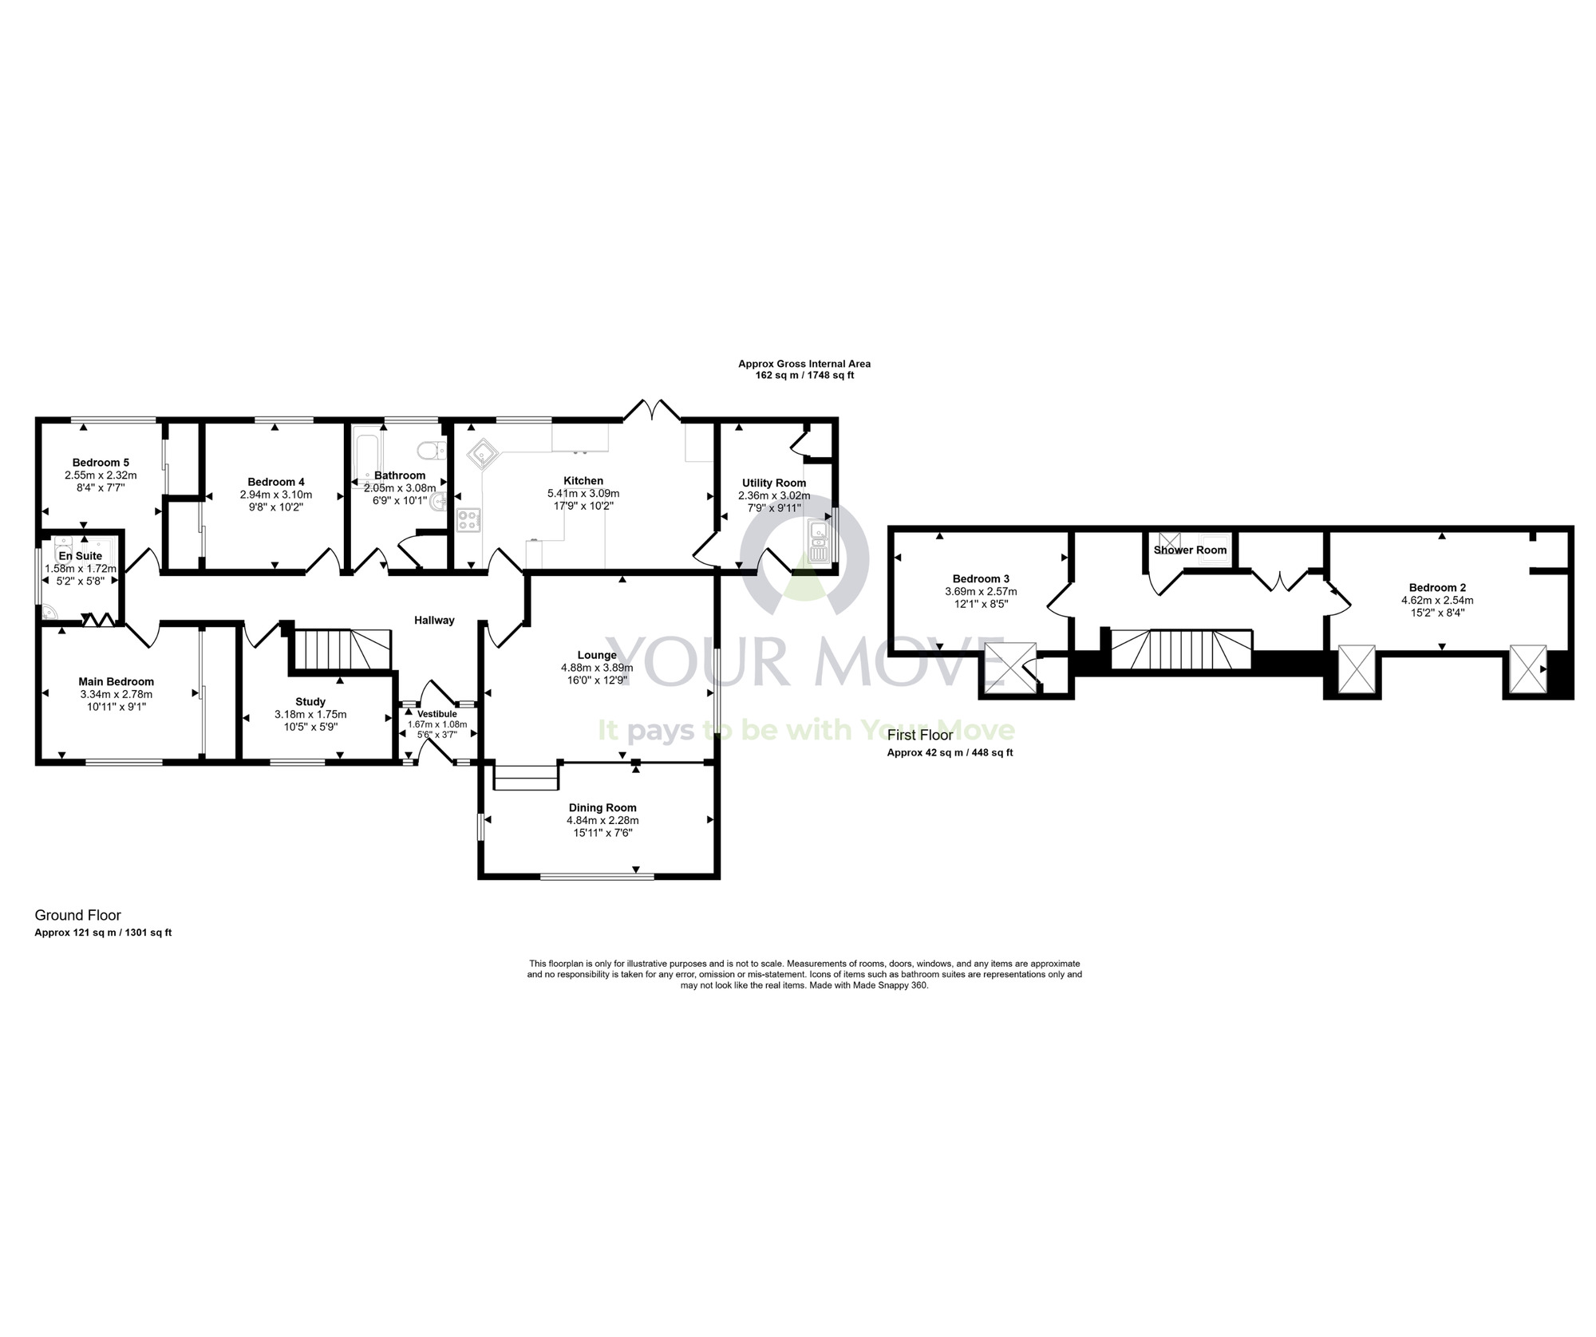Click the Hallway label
coord(434,620)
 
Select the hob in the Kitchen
coord(468,520)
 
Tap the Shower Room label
coord(1190,550)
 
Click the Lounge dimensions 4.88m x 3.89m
coord(597,668)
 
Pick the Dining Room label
coord(602,807)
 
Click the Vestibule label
coord(437,713)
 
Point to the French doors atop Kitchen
coord(652,410)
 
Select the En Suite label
coord(80,555)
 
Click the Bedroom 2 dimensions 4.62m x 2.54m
coord(1437,600)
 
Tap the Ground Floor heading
coord(77,915)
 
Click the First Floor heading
coord(920,735)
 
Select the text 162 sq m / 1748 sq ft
coord(804,375)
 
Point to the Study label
coord(310,702)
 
